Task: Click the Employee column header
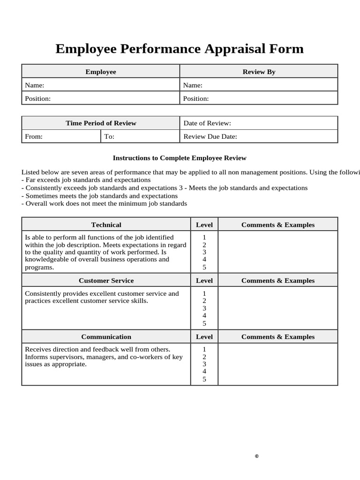[101, 72]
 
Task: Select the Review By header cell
[259, 72]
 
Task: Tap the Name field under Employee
[101, 85]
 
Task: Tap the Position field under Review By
[259, 98]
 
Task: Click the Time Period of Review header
[101, 123]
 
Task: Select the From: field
[61, 136]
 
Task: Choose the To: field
[140, 136]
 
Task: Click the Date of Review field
[259, 123]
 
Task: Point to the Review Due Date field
[259, 136]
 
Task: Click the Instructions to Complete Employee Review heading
[180, 158]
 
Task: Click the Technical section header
[106, 225]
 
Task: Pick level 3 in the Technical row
[204, 252]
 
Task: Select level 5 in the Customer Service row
[204, 323]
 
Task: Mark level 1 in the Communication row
[204, 349]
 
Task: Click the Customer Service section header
[106, 281]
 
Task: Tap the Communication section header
[106, 337]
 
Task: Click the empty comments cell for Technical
[277, 252]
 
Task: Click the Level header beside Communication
[204, 337]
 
